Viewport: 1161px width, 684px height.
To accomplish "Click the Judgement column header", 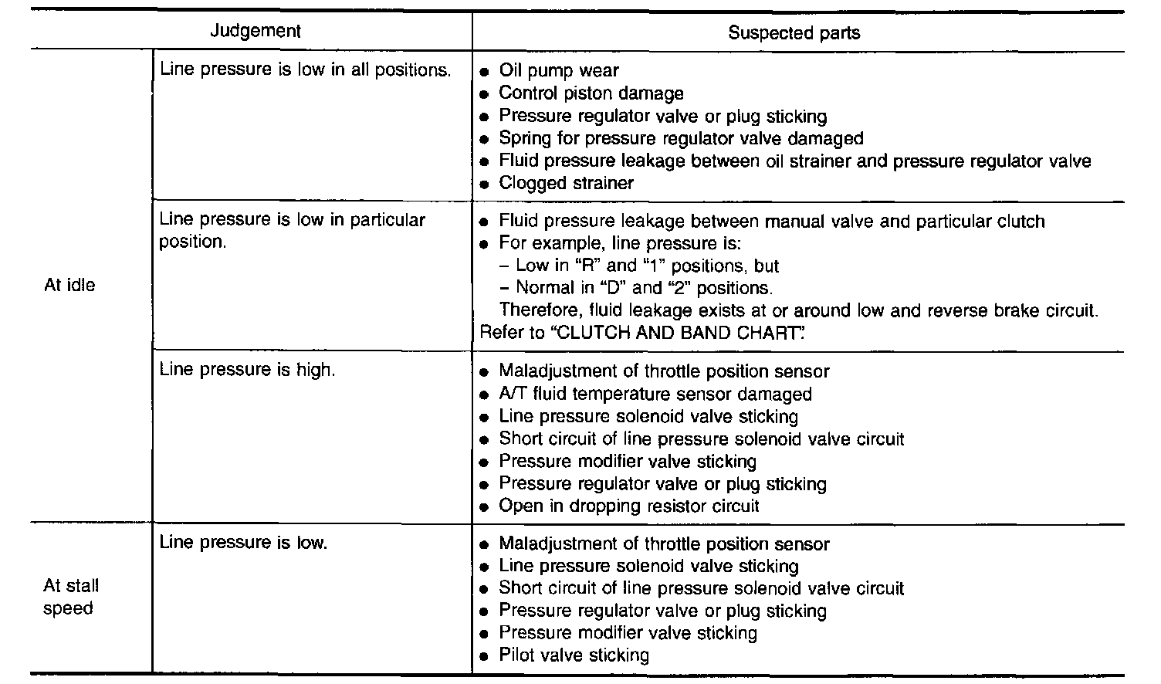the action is tap(256, 31).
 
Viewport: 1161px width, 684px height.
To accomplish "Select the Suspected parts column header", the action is tap(794, 32).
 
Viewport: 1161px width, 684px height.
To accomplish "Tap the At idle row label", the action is tap(69, 285).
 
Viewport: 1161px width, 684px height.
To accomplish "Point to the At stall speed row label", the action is tap(70, 597).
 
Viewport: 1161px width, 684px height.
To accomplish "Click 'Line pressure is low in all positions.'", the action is tap(305, 69).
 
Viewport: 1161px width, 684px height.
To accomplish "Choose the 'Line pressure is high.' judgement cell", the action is tap(247, 370).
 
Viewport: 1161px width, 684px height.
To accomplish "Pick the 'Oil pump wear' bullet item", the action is tap(558, 71).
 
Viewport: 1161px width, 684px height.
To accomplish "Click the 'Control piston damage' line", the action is tap(591, 93).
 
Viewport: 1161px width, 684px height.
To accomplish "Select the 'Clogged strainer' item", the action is tap(566, 184).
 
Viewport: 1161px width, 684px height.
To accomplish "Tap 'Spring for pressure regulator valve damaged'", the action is tap(681, 139).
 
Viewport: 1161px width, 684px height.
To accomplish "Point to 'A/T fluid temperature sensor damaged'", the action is tap(655, 394).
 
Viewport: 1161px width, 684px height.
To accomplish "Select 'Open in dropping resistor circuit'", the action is tap(628, 506).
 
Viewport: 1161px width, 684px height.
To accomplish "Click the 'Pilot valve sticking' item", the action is tap(574, 656).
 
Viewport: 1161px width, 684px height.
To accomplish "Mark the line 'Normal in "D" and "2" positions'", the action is tap(644, 289).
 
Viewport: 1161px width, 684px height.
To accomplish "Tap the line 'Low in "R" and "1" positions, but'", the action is tap(647, 266).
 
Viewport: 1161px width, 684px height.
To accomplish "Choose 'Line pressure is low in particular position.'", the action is tap(292, 230).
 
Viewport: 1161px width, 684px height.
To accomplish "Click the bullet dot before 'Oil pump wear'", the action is tap(484, 72).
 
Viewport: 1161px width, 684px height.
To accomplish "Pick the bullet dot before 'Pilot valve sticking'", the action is tap(484, 657).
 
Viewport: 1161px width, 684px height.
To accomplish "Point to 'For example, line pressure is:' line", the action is tap(619, 244).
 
